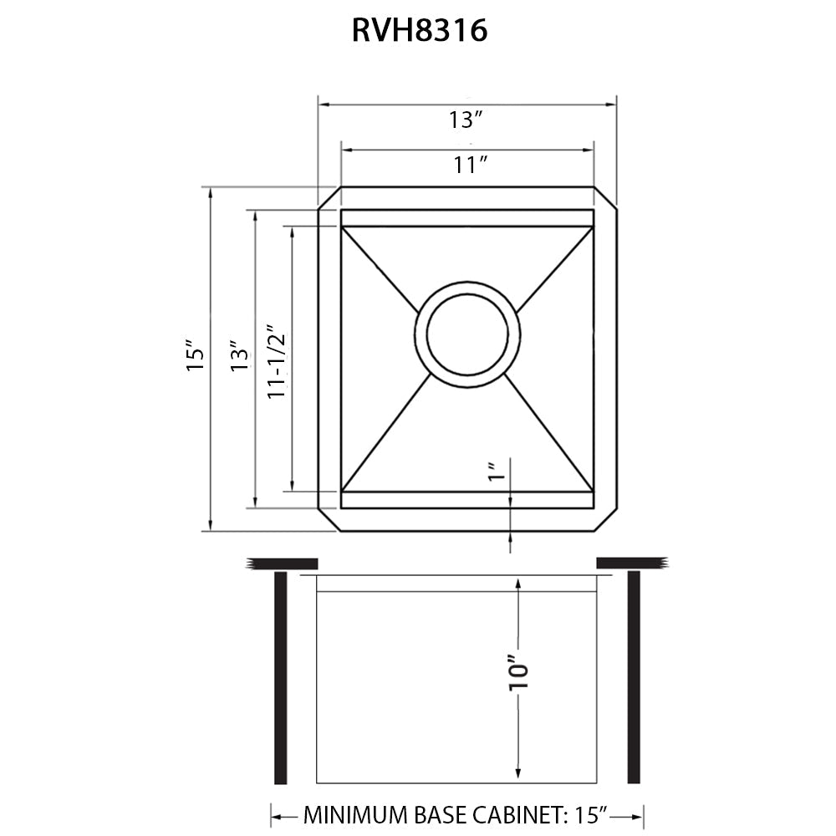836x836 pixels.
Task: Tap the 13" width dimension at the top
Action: pyautogui.click(x=466, y=120)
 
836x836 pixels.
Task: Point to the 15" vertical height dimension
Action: pyautogui.click(x=195, y=355)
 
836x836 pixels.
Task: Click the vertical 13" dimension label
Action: pyautogui.click(x=242, y=355)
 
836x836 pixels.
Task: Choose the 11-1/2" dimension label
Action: pyautogui.click(x=277, y=360)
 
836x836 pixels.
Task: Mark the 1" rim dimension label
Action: pyautogui.click(x=494, y=472)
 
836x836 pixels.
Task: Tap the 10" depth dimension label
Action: pyautogui.click(x=519, y=671)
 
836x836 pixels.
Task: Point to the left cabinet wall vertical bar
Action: pyautogui.click(x=281, y=677)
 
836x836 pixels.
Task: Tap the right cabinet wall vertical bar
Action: pyautogui.click(x=633, y=677)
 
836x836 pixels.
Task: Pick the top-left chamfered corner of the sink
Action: pyautogui.click(x=329, y=197)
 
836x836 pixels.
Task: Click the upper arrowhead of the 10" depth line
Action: pyautogui.click(x=519, y=585)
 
